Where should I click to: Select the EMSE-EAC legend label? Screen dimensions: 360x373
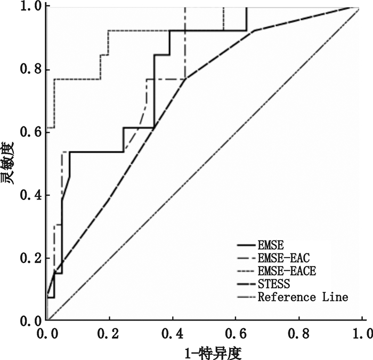coord(283,259)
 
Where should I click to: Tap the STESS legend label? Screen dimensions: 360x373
coord(273,284)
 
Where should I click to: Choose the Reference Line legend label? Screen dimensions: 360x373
coord(303,297)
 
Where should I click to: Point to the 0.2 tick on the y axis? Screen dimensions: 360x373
coord(31,258)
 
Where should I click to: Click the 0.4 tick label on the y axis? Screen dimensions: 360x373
coord(31,195)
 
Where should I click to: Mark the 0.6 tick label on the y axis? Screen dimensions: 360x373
coord(31,132)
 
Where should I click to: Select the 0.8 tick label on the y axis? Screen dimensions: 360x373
coord(31,70)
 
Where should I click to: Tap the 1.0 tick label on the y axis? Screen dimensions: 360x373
coord(31,7)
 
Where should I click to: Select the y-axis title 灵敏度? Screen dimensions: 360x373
coord(9,164)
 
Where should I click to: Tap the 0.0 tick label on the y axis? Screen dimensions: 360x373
coord(31,321)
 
